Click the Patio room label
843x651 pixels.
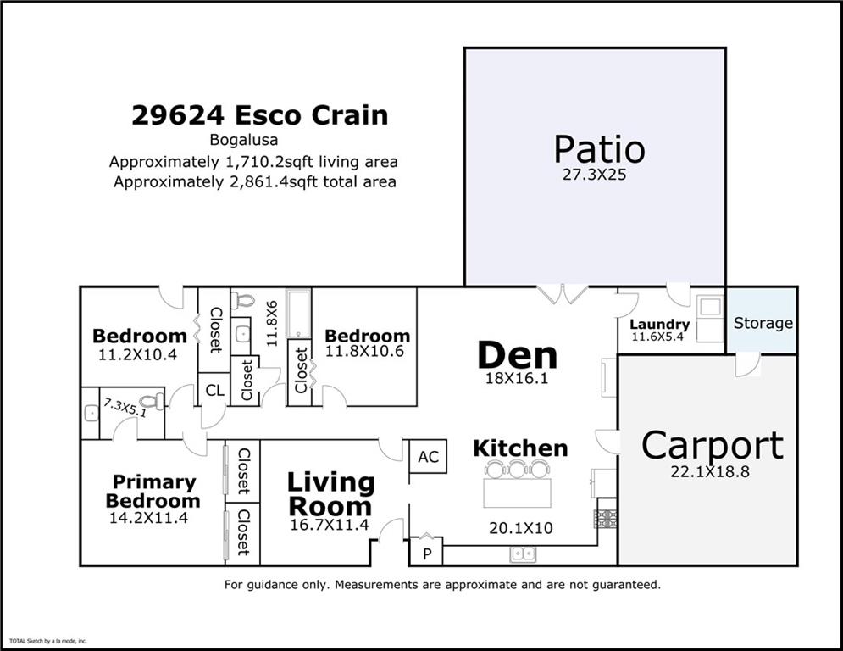coord(599,149)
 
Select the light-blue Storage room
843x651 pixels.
coord(763,322)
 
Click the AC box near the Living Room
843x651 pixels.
coord(429,457)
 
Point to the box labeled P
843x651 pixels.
coord(425,552)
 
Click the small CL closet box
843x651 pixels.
coord(214,390)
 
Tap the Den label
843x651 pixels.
coord(517,355)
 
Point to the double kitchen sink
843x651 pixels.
coord(522,554)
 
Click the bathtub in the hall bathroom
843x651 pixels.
coord(300,313)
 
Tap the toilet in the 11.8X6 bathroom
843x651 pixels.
coord(243,301)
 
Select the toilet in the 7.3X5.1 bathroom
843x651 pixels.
coord(152,401)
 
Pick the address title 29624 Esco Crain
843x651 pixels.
coord(259,115)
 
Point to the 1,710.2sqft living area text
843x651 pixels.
coord(254,161)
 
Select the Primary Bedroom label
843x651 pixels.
coord(153,491)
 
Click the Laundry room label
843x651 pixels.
coord(659,325)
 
